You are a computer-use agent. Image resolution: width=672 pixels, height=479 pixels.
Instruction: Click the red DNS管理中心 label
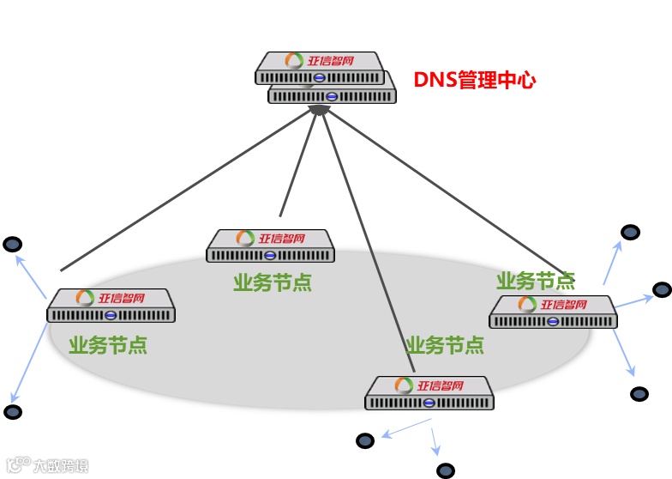pyautogui.click(x=475, y=81)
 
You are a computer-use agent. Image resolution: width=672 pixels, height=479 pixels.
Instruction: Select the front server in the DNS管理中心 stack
pyautogui.click(x=319, y=68)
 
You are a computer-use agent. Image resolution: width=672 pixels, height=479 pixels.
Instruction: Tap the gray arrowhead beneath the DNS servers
pyautogui.click(x=320, y=109)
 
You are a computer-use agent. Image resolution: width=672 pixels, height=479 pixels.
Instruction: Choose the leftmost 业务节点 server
pyautogui.click(x=111, y=306)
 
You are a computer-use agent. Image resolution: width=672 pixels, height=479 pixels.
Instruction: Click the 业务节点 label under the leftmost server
pyautogui.click(x=108, y=345)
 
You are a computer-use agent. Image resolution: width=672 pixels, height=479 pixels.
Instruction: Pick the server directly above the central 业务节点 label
pyautogui.click(x=270, y=246)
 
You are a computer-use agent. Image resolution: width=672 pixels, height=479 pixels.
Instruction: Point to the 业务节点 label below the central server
pyautogui.click(x=272, y=282)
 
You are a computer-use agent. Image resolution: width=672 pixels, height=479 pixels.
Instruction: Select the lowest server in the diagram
pyautogui.click(x=430, y=393)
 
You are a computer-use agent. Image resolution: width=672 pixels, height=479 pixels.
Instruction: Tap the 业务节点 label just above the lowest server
pyautogui.click(x=445, y=345)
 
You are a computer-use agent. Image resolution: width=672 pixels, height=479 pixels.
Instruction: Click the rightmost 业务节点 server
pyautogui.click(x=554, y=312)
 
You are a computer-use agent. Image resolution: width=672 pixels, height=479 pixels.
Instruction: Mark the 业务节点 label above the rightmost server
pyautogui.click(x=536, y=281)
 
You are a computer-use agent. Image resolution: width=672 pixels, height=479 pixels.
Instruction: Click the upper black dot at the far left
pyautogui.click(x=12, y=245)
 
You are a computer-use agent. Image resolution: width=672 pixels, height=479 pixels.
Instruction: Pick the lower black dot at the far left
pyautogui.click(x=12, y=412)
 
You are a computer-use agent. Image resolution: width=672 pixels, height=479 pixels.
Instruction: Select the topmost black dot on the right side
pyautogui.click(x=630, y=232)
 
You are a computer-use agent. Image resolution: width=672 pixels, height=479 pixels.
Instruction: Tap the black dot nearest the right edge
pyautogui.click(x=662, y=290)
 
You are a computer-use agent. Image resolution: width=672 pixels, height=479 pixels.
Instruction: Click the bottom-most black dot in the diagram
pyautogui.click(x=445, y=470)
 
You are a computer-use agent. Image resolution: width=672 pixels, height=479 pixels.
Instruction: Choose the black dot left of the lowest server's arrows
pyautogui.click(x=365, y=440)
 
